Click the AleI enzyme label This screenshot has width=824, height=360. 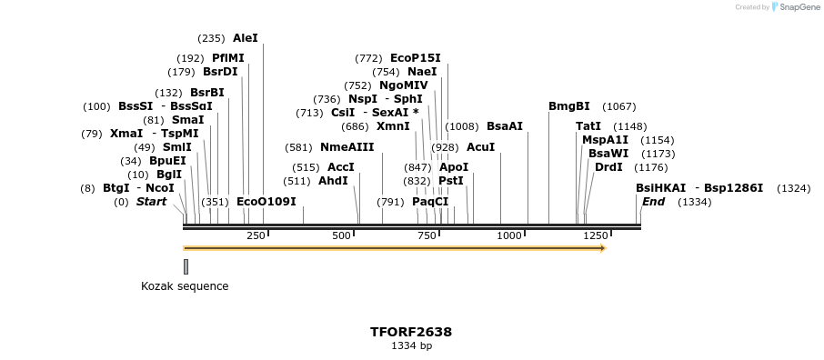[246, 38]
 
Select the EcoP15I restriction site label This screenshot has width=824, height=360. [415, 58]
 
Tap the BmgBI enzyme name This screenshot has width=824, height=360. [568, 106]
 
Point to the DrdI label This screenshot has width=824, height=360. [608, 167]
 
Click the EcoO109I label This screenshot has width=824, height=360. [266, 202]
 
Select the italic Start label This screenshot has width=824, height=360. [151, 202]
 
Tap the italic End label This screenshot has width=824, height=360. [653, 202]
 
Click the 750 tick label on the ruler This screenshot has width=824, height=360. [427, 236]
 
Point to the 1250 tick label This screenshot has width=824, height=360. [595, 236]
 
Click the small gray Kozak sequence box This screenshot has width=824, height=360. [186, 266]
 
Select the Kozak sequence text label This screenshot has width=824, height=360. [185, 286]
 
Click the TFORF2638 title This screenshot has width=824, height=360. [411, 332]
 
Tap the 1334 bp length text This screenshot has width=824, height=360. [411, 346]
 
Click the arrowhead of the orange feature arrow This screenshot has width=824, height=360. [602, 247]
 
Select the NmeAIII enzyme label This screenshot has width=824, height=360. [347, 147]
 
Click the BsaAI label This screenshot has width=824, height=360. [505, 126]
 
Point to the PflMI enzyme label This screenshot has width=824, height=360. [227, 58]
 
